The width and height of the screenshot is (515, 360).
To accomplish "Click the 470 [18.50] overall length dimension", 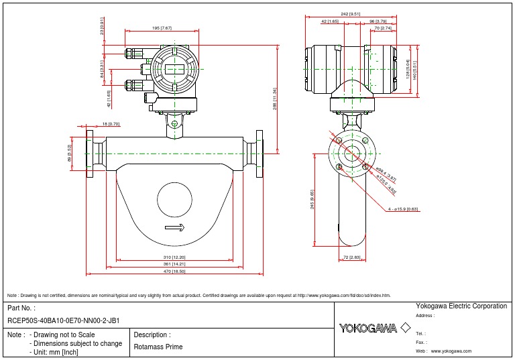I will pyautogui.click(x=174, y=272).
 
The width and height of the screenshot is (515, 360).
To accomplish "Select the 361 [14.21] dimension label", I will pyautogui.click(x=174, y=264).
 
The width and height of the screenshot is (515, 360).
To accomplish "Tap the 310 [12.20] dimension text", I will pyautogui.click(x=174, y=257).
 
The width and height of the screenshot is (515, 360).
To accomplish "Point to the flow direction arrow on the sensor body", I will pyautogui.click(x=174, y=228).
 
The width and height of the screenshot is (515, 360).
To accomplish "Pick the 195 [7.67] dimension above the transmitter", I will pyautogui.click(x=162, y=28).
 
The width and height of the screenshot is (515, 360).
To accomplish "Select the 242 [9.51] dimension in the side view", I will pyautogui.click(x=350, y=13).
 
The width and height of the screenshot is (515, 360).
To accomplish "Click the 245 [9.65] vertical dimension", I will pyautogui.click(x=312, y=200).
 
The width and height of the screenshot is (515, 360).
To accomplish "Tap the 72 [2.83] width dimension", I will pyautogui.click(x=352, y=257).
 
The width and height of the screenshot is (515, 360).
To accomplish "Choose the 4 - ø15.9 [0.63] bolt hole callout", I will pyautogui.click(x=404, y=209).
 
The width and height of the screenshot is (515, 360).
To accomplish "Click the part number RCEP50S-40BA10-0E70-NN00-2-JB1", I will pyautogui.click(x=64, y=320).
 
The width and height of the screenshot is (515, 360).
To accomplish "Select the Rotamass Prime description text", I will pyautogui.click(x=158, y=347).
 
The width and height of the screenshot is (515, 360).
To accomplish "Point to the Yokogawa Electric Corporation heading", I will pyautogui.click(x=461, y=306).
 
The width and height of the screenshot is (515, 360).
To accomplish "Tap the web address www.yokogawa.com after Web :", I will pyautogui.click(x=451, y=351).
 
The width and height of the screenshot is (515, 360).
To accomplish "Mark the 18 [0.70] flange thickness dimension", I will pyautogui.click(x=111, y=124).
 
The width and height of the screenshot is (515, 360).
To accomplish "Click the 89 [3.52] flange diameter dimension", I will pyautogui.click(x=70, y=154).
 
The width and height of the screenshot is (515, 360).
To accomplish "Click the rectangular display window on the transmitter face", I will pyautogui.click(x=174, y=69).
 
